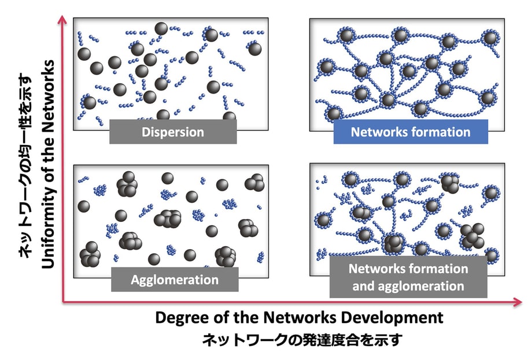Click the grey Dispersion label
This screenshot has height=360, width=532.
point(173,132)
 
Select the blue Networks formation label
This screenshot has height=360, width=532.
point(411,132)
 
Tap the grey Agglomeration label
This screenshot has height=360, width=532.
point(175,280)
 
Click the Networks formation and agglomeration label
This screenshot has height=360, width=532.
point(408,277)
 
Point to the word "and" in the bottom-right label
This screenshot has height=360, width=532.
point(363,285)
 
